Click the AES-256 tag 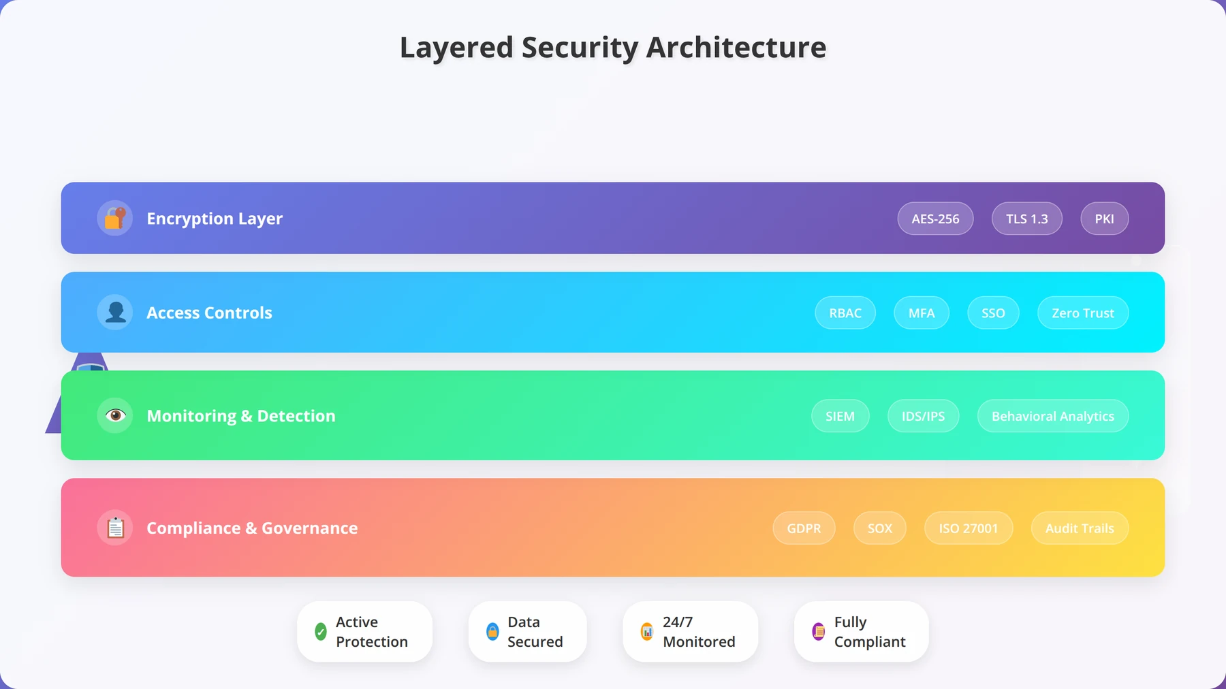(935, 219)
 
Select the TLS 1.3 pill (1027, 219)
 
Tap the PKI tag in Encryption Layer (1105, 219)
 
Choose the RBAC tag (845, 313)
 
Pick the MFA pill (922, 313)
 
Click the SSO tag (993, 313)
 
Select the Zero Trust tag (1083, 313)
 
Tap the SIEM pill (840, 416)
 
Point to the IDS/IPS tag (924, 416)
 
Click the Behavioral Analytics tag (1053, 416)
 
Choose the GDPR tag (804, 528)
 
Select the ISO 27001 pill (969, 528)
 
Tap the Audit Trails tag (1080, 528)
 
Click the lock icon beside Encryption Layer (115, 218)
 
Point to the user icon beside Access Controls (115, 313)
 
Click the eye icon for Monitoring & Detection (115, 415)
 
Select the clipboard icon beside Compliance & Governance (115, 528)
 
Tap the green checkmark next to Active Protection (321, 632)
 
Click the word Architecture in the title (736, 48)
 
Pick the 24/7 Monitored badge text (699, 632)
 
